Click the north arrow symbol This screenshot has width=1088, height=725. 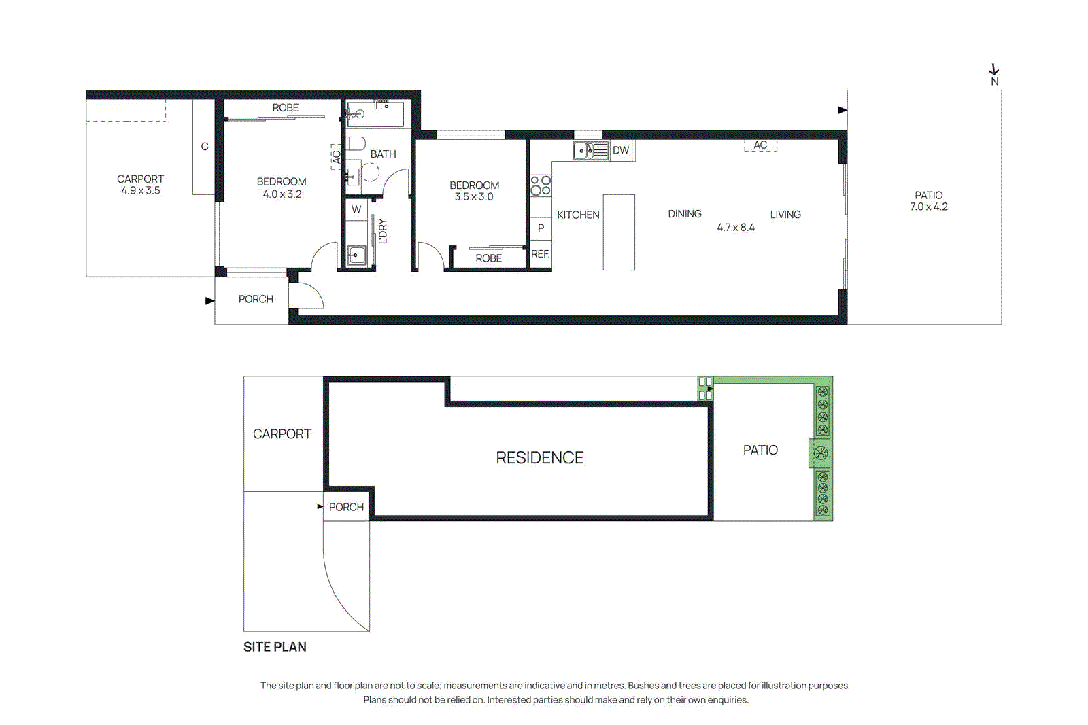pos(994,70)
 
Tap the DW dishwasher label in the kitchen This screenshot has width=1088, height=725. pos(621,150)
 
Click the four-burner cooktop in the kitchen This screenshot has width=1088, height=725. pos(541,185)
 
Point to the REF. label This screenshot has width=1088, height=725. pos(540,254)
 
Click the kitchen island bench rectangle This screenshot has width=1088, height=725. pos(619,232)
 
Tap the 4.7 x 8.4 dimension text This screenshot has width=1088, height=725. pos(736,228)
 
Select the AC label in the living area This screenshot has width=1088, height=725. pos(760,145)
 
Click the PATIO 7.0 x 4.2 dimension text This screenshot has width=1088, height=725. pos(928,207)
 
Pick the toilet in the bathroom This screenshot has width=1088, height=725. pos(356,144)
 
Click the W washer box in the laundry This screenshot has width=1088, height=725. pos(356,210)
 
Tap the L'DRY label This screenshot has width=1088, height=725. pos(382,231)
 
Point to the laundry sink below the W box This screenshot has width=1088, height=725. pos(356,255)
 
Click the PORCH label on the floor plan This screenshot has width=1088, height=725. pos(256,299)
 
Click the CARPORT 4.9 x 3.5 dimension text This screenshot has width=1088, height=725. pos(141,191)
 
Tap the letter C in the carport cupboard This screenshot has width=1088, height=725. pos(204,147)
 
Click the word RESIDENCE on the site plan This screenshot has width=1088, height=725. pos(539,458)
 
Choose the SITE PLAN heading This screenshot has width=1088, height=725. pos(275,647)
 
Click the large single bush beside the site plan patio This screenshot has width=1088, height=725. pos(821,453)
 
